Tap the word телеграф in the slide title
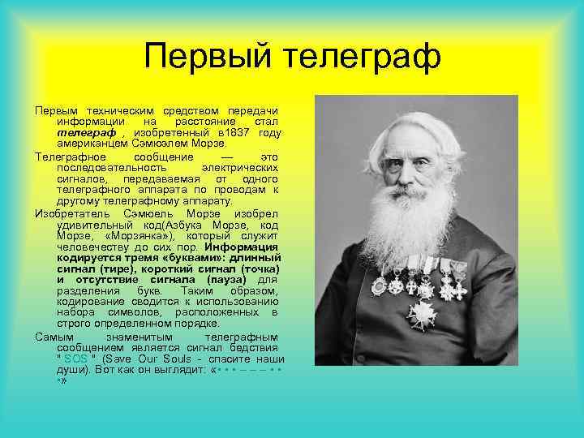click(357, 58)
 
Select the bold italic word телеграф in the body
click(79, 132)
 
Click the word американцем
click(90, 144)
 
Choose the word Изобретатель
click(68, 213)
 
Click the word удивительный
click(92, 224)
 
